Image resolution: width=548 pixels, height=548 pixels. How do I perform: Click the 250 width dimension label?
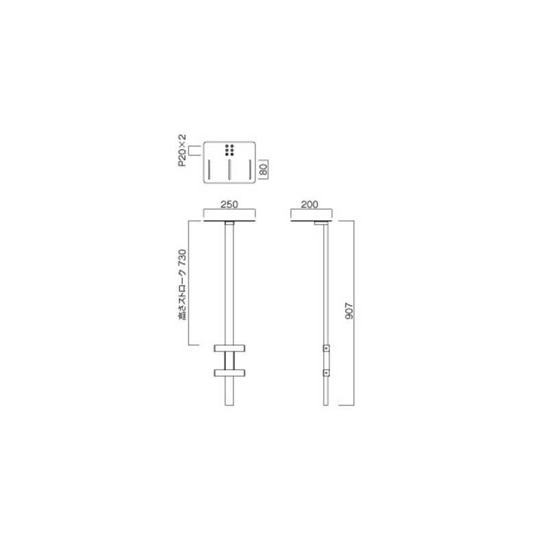tap(229, 204)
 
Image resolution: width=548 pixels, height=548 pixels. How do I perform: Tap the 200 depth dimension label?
tap(310, 204)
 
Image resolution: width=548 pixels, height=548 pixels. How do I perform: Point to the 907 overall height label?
tap(349, 311)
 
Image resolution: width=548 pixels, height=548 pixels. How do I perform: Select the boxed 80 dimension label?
tap(264, 169)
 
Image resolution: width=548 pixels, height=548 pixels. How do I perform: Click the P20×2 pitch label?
tap(182, 150)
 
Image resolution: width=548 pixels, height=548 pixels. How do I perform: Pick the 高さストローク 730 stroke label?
tap(183, 285)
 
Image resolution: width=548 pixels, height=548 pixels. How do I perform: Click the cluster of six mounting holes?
tap(229, 150)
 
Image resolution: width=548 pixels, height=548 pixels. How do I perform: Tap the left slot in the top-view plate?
tap(209, 170)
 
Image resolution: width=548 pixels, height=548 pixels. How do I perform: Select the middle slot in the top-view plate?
tap(229, 170)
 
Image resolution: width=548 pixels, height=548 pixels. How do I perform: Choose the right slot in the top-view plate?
tap(250, 170)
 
